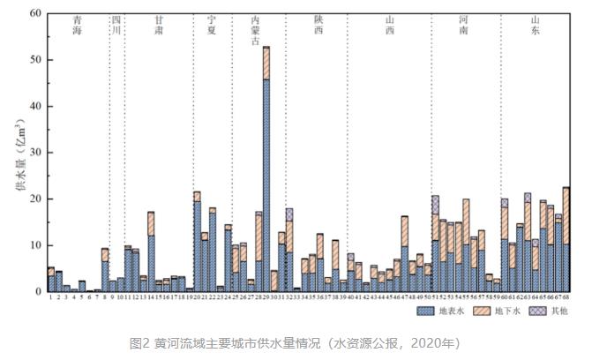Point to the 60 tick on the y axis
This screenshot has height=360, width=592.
coord(35,14)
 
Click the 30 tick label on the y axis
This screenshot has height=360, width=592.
coord(35,153)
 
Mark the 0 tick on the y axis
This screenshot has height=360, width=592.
coord(38,291)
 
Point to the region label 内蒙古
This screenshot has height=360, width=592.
coord(255,30)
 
